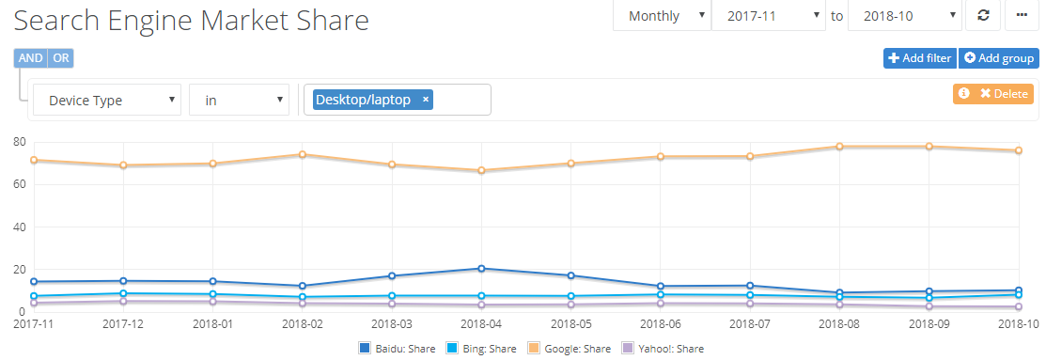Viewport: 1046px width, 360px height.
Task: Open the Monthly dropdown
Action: (662, 15)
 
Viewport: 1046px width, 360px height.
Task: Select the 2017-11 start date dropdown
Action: (768, 15)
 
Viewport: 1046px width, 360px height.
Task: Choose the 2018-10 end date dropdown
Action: (903, 15)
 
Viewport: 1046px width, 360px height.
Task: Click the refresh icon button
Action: (983, 15)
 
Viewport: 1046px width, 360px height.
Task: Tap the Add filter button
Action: (919, 58)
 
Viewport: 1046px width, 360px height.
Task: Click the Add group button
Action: (998, 58)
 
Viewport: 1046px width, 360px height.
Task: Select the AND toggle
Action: (31, 58)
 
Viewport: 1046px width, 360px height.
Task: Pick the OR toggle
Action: (61, 58)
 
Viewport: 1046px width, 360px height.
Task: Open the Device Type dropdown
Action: (106, 100)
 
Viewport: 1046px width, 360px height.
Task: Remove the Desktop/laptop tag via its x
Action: (426, 100)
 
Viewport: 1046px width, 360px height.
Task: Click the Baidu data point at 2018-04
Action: (481, 269)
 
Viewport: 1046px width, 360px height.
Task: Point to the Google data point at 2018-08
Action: (839, 147)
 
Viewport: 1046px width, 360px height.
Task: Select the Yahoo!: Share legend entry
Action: (664, 349)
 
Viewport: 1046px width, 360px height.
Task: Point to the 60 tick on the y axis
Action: (18, 184)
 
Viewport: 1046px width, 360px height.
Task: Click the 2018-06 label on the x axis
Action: (661, 323)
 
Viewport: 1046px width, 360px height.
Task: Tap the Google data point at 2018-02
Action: (303, 154)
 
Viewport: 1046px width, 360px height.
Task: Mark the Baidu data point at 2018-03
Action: (392, 276)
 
